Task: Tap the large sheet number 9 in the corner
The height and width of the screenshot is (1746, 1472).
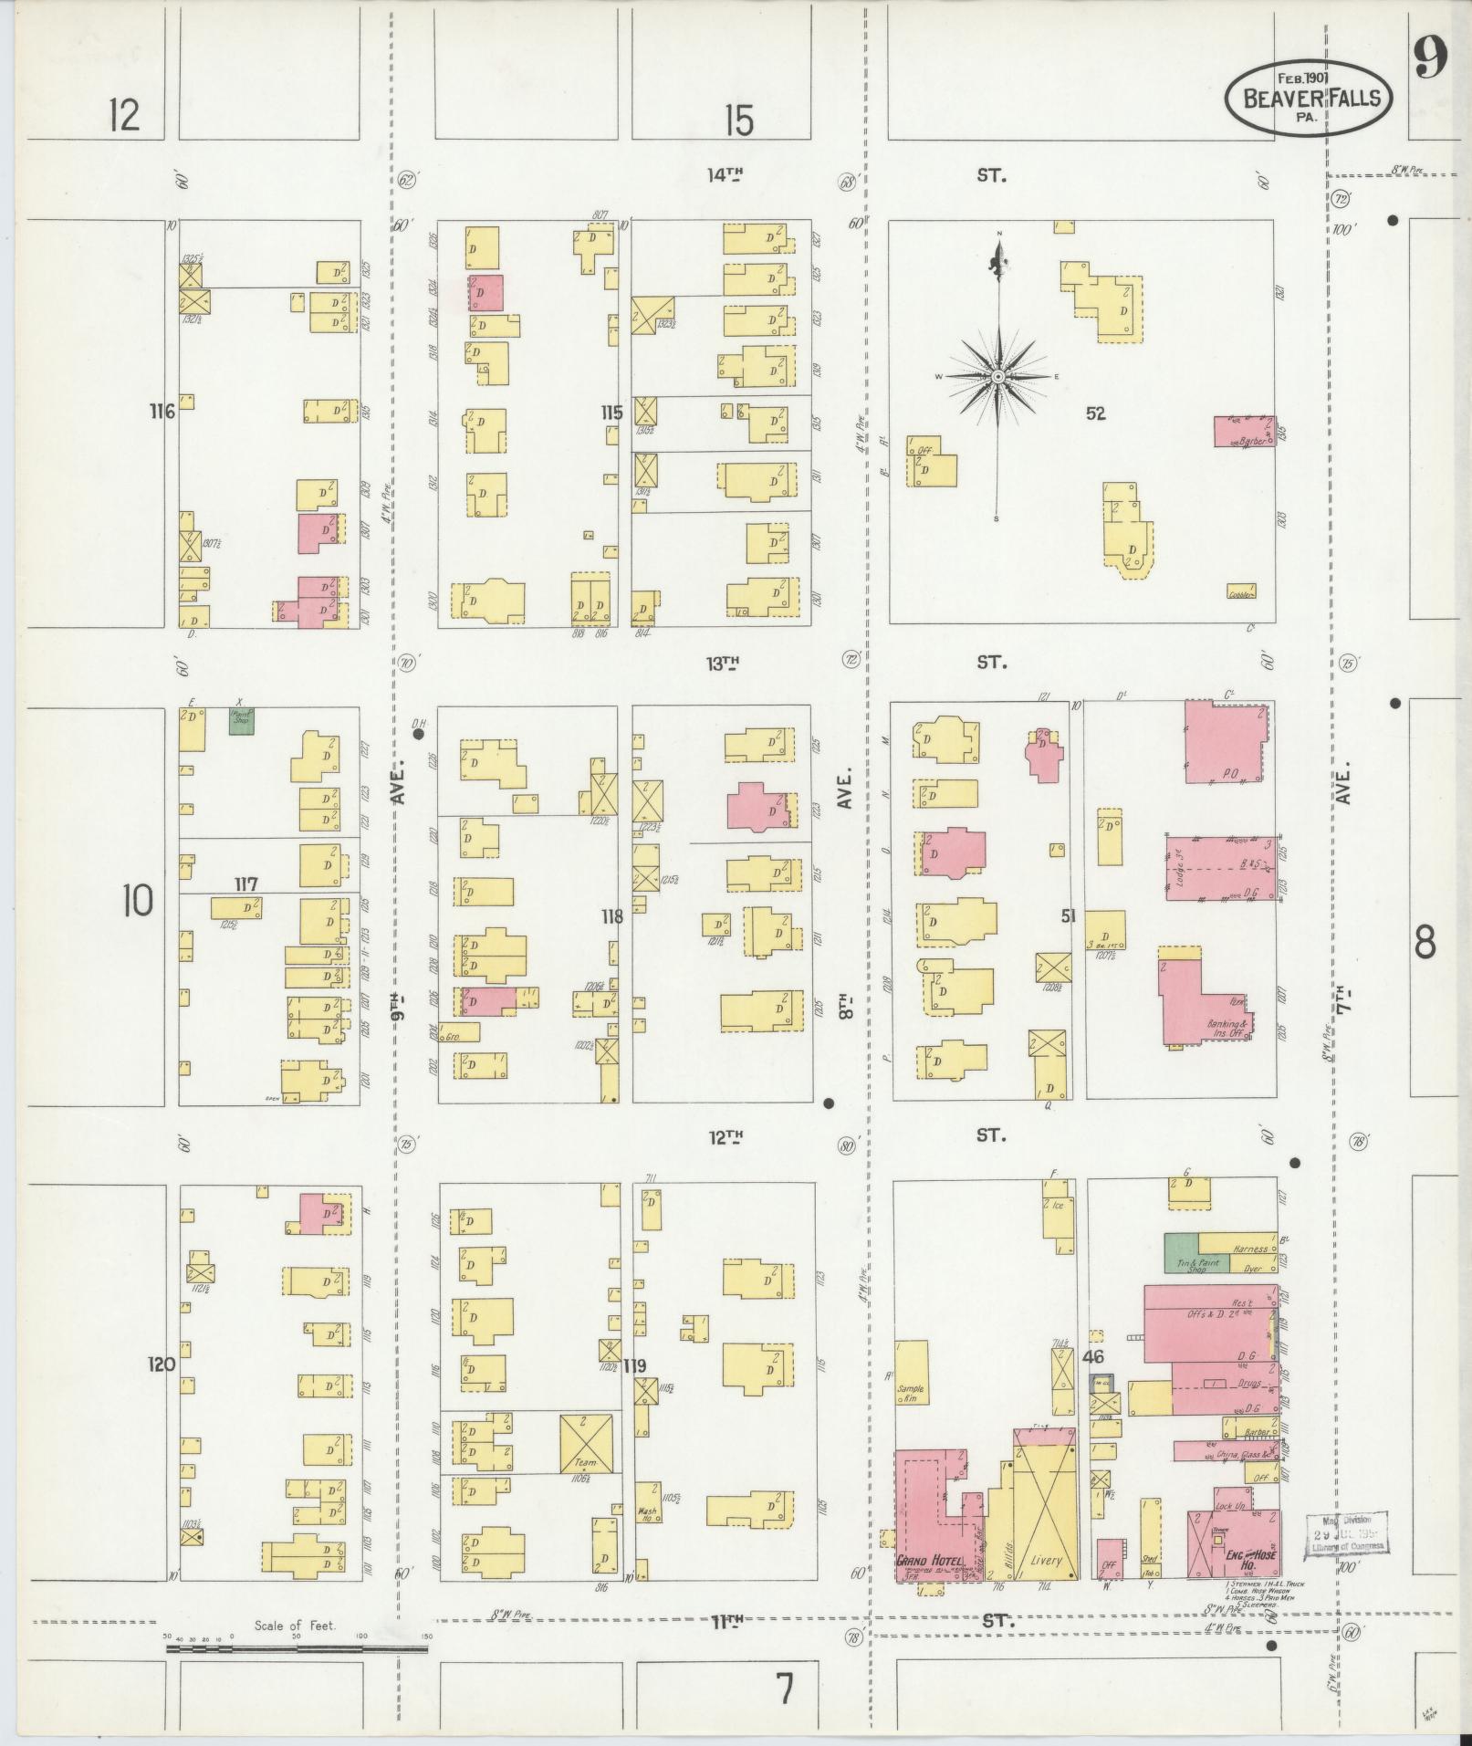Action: pyautogui.click(x=1431, y=61)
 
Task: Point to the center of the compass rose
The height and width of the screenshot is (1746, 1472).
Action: pyautogui.click(x=998, y=377)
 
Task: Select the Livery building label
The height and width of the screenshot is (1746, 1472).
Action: pyautogui.click(x=1045, y=1560)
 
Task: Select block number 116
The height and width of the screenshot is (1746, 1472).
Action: pyautogui.click(x=162, y=413)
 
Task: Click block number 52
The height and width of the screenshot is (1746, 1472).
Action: pyautogui.click(x=1095, y=413)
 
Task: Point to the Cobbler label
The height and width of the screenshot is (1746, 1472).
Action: pyautogui.click(x=1240, y=593)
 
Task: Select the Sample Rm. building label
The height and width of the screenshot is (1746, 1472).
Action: pyautogui.click(x=910, y=1393)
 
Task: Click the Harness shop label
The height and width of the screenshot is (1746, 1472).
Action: pyautogui.click(x=1249, y=1248)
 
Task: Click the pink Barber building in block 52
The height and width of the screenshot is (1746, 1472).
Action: pyautogui.click(x=1243, y=432)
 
